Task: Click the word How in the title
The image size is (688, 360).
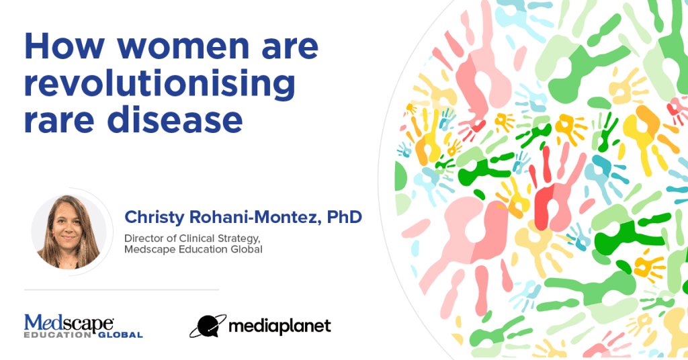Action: [x=64, y=46]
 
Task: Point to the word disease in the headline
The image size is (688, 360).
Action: [x=175, y=120]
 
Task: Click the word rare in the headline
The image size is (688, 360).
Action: [x=59, y=122]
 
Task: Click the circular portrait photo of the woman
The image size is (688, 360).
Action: [x=69, y=232]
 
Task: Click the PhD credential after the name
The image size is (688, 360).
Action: [x=344, y=217]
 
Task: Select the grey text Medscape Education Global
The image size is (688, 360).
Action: [x=193, y=250]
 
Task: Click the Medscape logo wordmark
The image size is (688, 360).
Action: [x=69, y=323]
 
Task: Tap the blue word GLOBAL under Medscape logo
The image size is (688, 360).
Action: [x=120, y=335]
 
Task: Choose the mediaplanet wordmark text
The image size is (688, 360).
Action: [x=279, y=326]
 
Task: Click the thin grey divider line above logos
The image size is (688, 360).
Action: [x=122, y=290]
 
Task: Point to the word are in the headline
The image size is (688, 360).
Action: [x=290, y=49]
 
